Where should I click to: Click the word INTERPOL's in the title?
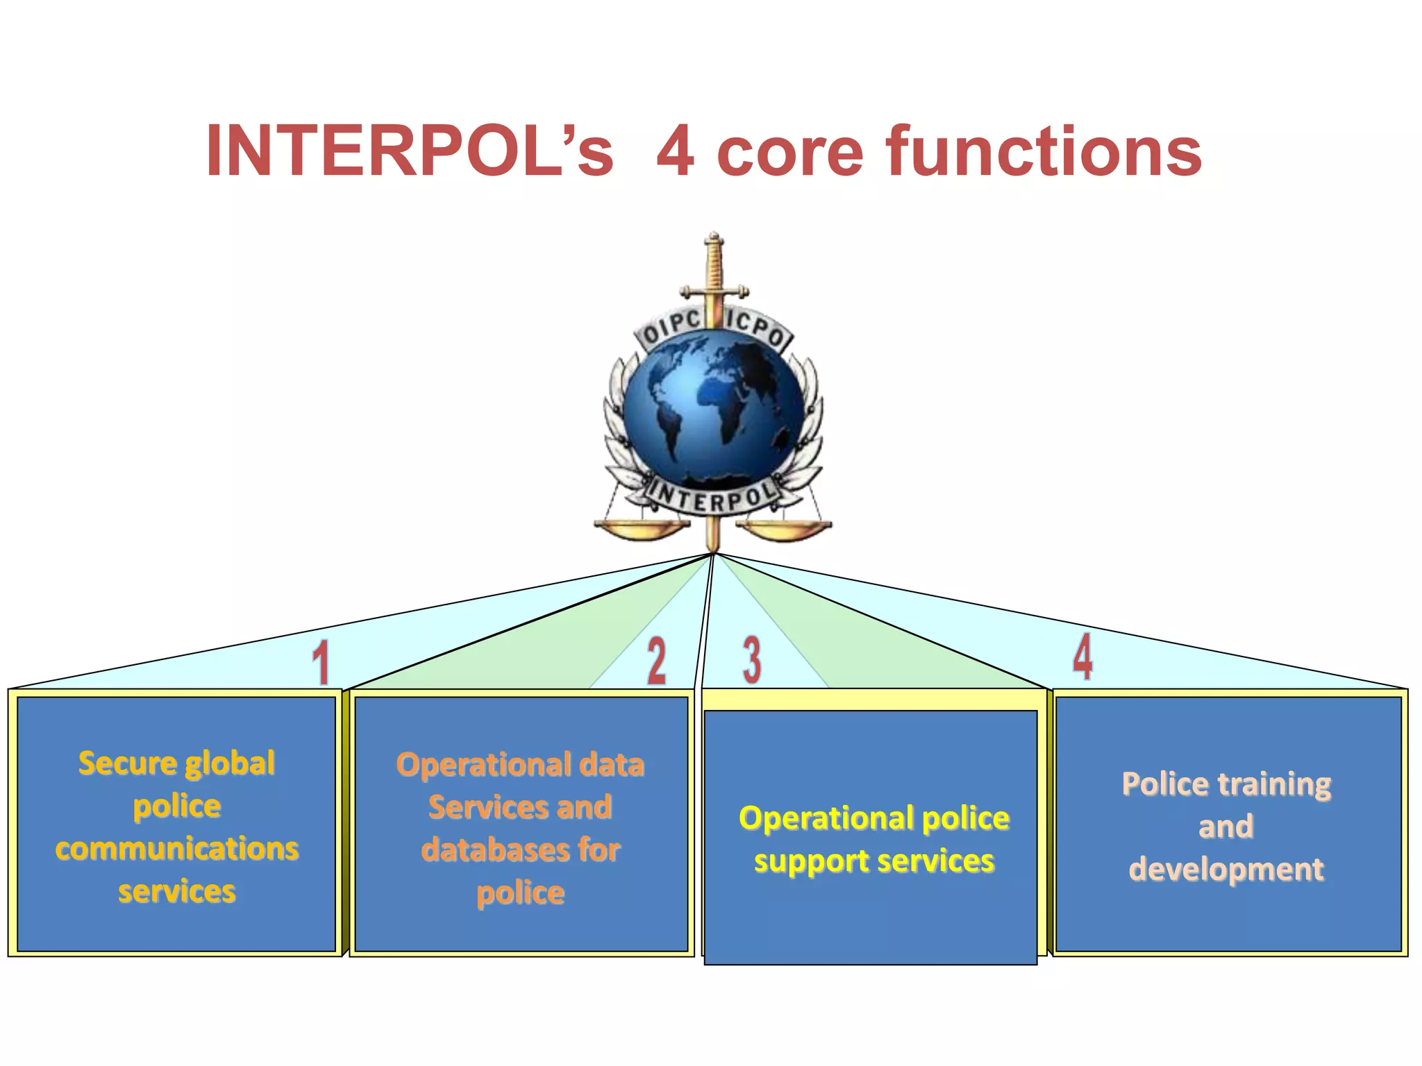[x=410, y=151]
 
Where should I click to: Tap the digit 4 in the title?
[x=675, y=151]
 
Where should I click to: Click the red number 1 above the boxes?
[x=320, y=662]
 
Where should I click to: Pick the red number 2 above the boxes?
[x=656, y=661]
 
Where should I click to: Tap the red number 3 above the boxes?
[x=752, y=659]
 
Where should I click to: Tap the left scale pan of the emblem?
[x=640, y=529]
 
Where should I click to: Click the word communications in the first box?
[x=177, y=849]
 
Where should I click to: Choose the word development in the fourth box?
[x=1226, y=870]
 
